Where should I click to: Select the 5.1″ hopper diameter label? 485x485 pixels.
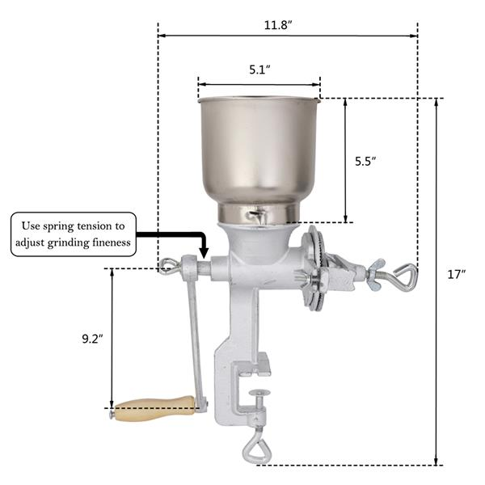[x=259, y=70]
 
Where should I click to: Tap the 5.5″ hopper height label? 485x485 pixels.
[x=366, y=161]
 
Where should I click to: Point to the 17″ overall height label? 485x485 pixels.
[x=457, y=274]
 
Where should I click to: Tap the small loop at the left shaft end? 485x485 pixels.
[x=167, y=265]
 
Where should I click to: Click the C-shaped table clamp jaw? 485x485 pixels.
[x=234, y=380]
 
